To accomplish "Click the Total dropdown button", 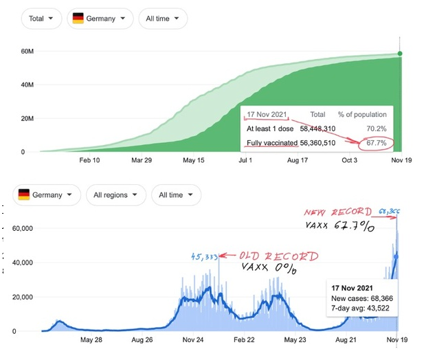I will [41, 19].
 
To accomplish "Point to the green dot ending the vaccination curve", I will [400, 54].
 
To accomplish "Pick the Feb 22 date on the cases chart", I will [243, 339].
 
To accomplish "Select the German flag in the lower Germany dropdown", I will [25, 195].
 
